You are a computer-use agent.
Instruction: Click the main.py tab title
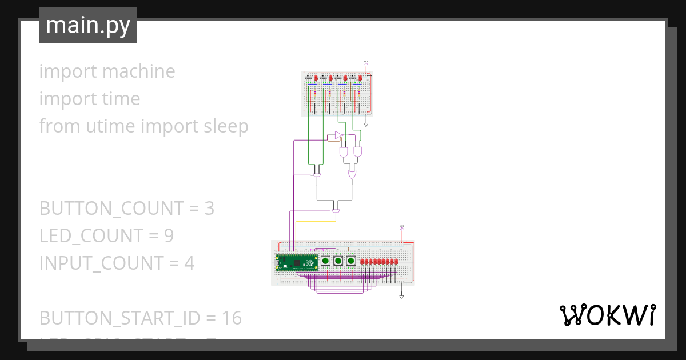pyautogui.click(x=88, y=26)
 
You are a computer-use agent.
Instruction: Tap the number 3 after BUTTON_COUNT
pyautogui.click(x=209, y=209)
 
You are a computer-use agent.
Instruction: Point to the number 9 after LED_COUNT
pyautogui.click(x=169, y=236)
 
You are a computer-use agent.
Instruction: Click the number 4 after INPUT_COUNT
pyautogui.click(x=189, y=263)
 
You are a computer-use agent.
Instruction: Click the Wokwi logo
pyautogui.click(x=607, y=315)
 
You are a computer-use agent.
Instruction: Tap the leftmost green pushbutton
pyautogui.click(x=325, y=261)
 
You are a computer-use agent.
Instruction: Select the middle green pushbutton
pyautogui.click(x=338, y=261)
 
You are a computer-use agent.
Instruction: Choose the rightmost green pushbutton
pyautogui.click(x=350, y=261)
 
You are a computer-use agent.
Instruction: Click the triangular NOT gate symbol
pyautogui.click(x=338, y=135)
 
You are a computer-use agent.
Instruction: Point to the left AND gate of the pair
pyautogui.click(x=344, y=153)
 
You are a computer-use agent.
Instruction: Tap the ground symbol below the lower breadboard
pyautogui.click(x=401, y=297)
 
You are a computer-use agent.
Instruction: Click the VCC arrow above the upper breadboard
pyautogui.click(x=366, y=62)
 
